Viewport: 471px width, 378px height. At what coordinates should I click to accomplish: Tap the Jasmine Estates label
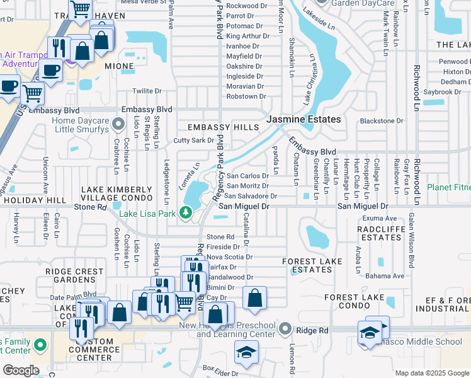pyautogui.click(x=304, y=119)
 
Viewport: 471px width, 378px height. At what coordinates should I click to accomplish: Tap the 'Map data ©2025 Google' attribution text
pyautogui.click(x=432, y=373)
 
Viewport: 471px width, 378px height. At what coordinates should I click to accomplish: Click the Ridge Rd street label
pyautogui.click(x=313, y=329)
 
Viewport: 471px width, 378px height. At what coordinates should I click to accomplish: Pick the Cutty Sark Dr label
pyautogui.click(x=194, y=140)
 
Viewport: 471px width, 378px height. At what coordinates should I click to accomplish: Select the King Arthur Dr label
pyautogui.click(x=247, y=37)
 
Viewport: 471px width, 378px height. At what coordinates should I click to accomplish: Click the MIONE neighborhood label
pyautogui.click(x=119, y=66)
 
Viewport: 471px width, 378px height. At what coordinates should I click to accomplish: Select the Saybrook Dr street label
pyautogui.click(x=443, y=92)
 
